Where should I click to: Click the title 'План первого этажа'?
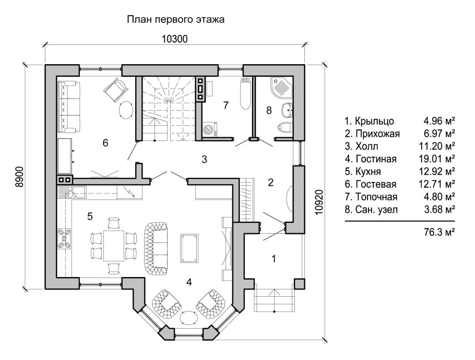(175, 20)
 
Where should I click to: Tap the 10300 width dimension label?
(174, 39)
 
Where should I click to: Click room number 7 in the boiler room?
(225, 105)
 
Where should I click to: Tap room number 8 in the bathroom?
(268, 110)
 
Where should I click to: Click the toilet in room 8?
(285, 127)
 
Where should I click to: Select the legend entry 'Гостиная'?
(375, 159)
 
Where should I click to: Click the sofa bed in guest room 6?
(68, 106)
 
